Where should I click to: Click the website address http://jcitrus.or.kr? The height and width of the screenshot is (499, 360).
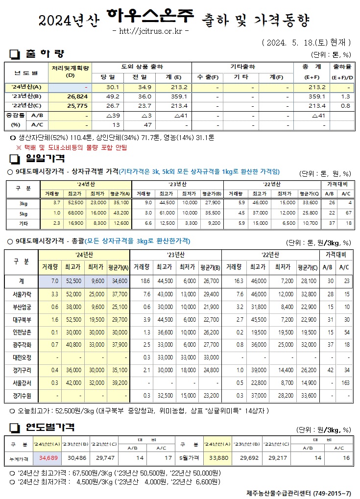[150, 31]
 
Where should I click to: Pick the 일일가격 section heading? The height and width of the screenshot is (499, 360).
[44, 158]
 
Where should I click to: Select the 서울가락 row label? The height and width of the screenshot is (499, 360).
[21, 294]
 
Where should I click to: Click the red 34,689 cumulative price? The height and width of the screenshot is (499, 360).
[48, 457]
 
